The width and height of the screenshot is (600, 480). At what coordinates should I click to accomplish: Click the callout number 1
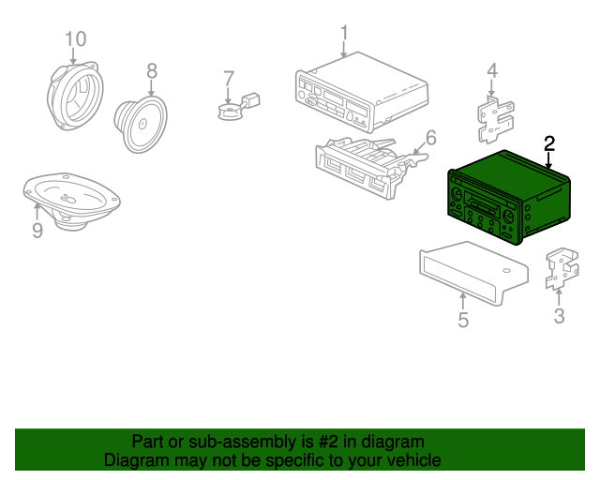344,34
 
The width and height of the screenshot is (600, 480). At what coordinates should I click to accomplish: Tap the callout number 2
549,143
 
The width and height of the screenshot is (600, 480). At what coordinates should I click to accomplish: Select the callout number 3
559,316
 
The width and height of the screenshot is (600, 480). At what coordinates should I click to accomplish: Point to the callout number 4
491,70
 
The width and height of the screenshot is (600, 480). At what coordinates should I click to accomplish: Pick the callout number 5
463,322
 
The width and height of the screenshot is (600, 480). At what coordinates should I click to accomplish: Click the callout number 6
430,139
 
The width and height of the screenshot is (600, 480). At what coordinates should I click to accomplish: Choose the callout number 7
227,78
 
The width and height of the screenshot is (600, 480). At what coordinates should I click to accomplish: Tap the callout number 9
37,230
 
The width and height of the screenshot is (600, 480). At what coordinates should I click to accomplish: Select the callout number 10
75,38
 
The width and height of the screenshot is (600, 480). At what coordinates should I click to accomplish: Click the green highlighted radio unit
497,197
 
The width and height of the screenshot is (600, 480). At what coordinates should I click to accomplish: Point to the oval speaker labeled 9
71,200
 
